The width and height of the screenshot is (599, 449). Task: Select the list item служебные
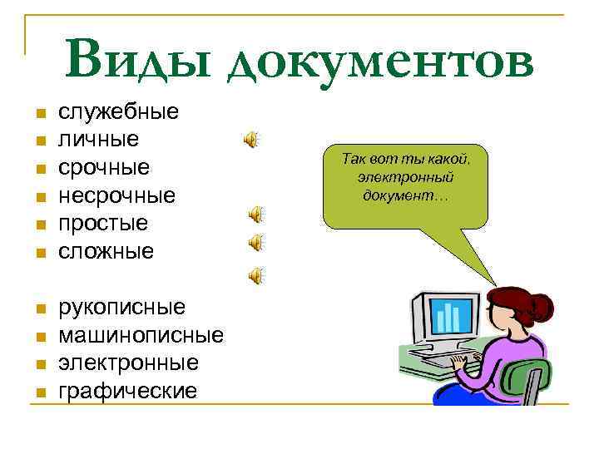[x=118, y=111]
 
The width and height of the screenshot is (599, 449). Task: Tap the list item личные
[x=98, y=139]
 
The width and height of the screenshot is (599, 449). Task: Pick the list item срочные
[x=104, y=167]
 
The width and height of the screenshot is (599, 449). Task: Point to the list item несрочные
[x=116, y=195]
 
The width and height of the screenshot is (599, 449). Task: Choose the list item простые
[x=102, y=223]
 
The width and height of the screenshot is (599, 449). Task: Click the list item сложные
[x=106, y=250]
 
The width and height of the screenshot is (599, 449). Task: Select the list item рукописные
[x=121, y=307]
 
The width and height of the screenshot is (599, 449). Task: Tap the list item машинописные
[x=141, y=335]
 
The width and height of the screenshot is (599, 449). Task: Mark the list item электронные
[x=128, y=363]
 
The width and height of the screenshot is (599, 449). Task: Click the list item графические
[x=127, y=391]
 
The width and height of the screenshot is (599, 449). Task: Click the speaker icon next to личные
[x=251, y=140]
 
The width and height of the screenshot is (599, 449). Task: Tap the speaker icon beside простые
[x=257, y=215]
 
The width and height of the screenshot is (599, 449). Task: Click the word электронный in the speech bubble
[x=405, y=177]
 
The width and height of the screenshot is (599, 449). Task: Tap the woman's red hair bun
[x=542, y=306]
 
